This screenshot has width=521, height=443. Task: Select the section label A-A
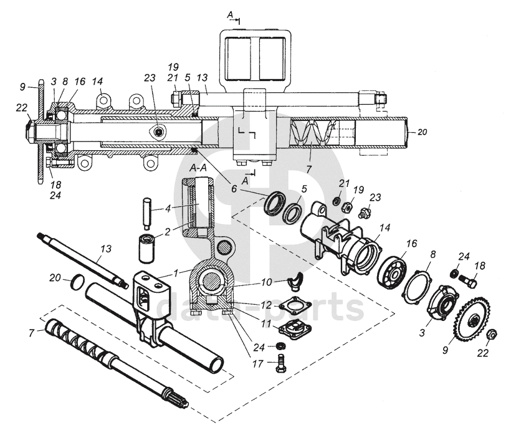[198, 168]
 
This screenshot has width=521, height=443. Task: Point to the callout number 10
[266, 283]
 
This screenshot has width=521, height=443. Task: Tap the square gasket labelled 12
[293, 307]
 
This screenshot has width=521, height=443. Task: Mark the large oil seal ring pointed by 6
[275, 203]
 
